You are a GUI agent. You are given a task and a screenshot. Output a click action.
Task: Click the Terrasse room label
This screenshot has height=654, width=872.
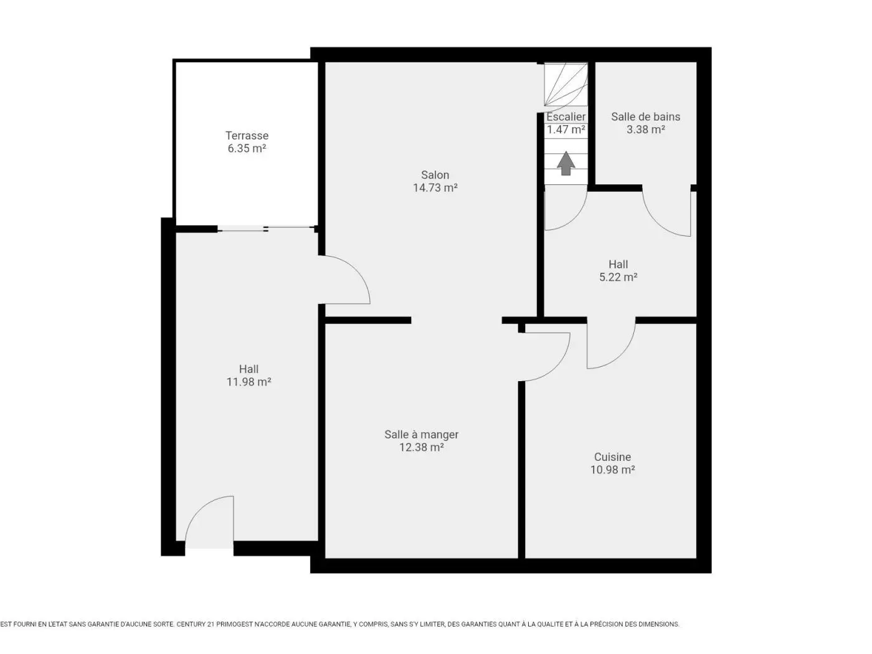coord(247,135)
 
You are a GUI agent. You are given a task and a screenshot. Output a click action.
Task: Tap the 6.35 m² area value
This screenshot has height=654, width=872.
coord(247,148)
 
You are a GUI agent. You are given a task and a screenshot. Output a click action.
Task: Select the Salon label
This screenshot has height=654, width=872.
coord(435,175)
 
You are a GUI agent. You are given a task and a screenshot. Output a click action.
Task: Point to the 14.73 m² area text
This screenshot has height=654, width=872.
coord(435,187)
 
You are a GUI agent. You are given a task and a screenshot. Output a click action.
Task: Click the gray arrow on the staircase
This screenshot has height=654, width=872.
coord(566,163)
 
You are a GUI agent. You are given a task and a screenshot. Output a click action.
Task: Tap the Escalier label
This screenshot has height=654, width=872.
coord(566,116)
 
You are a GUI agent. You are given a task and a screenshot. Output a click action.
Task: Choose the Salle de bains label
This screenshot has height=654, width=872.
coord(645,116)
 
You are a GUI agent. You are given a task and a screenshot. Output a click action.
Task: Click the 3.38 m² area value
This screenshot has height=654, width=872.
coord(645,130)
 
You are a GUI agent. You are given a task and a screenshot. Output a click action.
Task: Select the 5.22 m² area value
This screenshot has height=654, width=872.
coord(618,277)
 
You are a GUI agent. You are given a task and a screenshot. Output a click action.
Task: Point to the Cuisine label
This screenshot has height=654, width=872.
coord(612,457)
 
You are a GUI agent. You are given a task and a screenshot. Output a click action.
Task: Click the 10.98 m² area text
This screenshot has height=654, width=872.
coord(612,470)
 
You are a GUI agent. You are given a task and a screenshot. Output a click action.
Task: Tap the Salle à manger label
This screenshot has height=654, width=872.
coord(421,434)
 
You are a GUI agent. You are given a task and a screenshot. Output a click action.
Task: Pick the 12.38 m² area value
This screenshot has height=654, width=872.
coord(421,447)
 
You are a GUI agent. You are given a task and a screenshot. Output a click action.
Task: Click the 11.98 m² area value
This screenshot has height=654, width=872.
coord(249,382)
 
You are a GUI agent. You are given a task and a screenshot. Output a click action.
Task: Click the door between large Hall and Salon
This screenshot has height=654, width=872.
coord(356,270)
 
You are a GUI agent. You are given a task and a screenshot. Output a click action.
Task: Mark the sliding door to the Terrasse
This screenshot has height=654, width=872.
coord(266,229)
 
